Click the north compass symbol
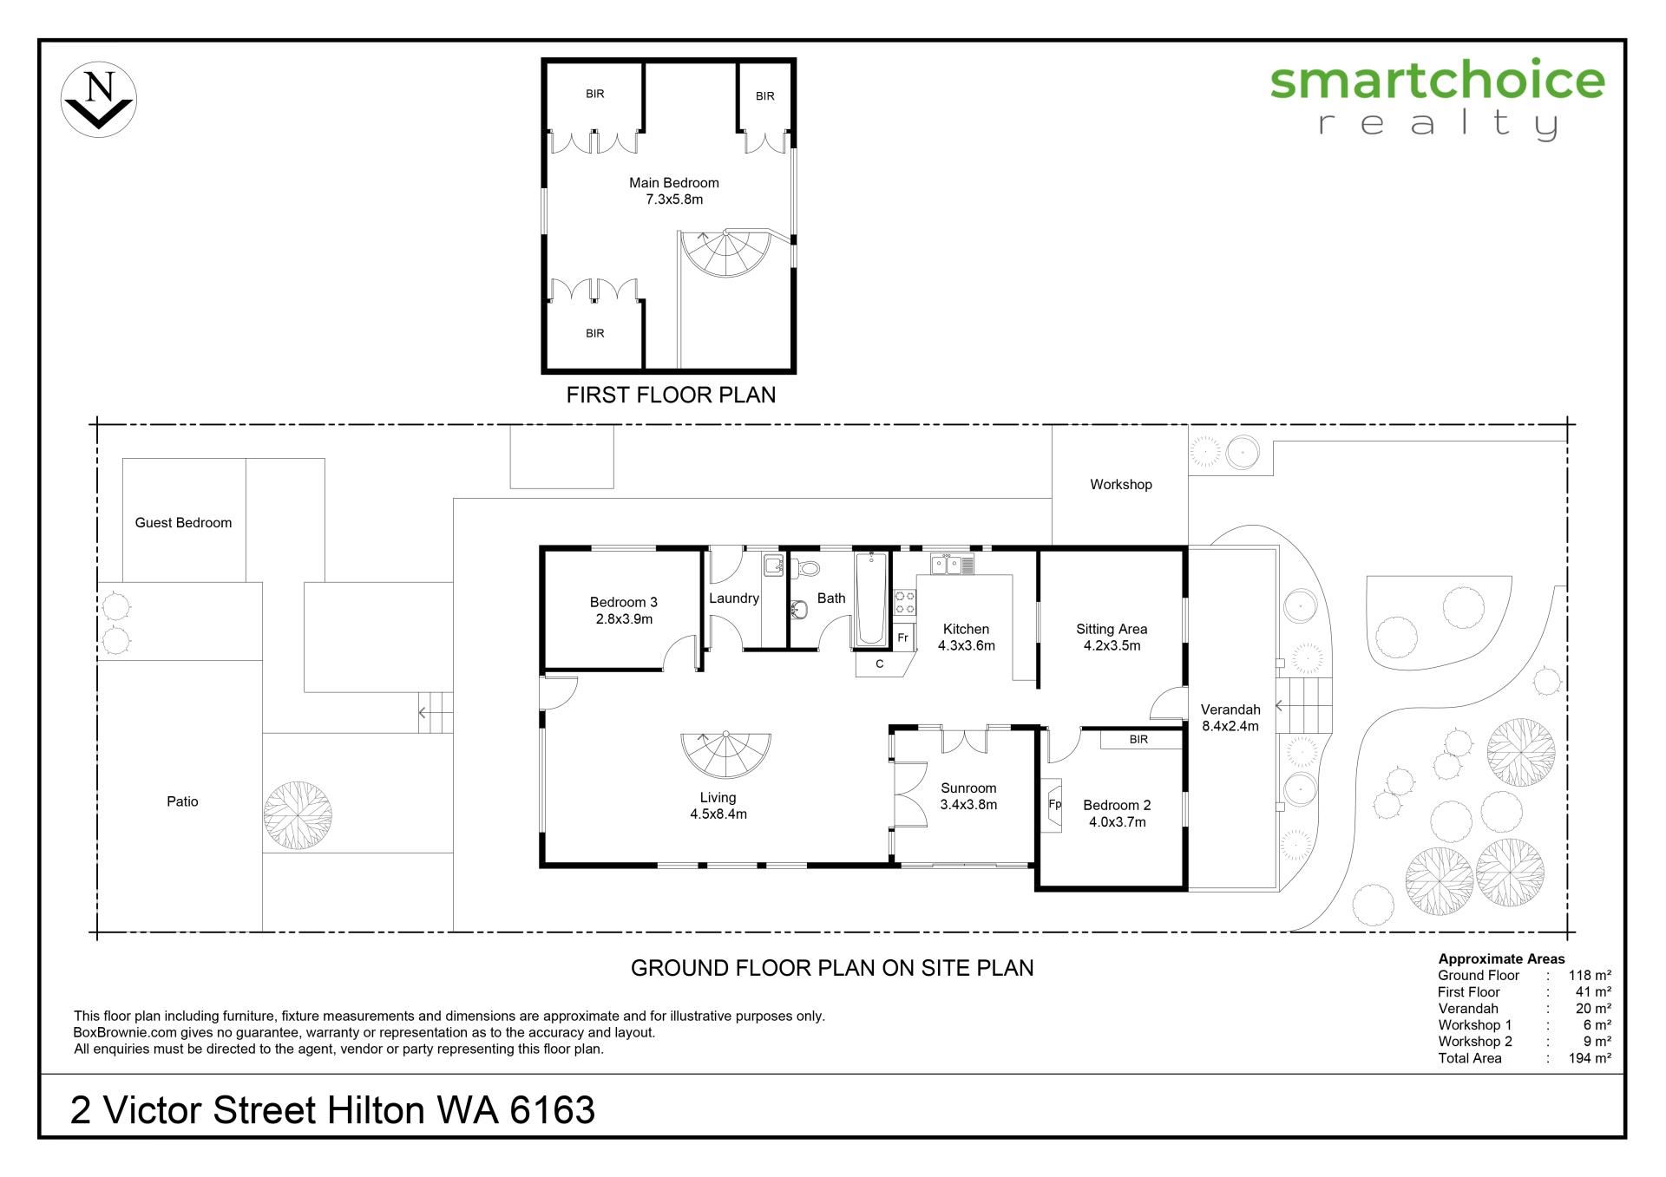[x=99, y=99]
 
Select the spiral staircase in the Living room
[x=725, y=755]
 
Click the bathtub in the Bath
[x=871, y=598]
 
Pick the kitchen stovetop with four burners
[x=904, y=603]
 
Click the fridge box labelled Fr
[x=903, y=638]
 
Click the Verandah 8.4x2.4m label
[x=1230, y=718]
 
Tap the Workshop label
[x=1121, y=485]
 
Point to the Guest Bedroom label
[x=183, y=523]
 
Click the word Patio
[x=182, y=801]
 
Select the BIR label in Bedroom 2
[x=1138, y=740]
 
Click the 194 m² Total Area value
[x=1590, y=1058]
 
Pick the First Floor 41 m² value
[x=1593, y=992]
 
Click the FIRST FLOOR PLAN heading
[x=671, y=396]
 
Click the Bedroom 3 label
[x=624, y=611]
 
